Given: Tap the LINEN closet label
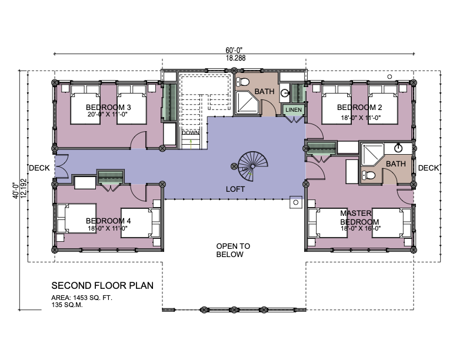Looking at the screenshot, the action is click(x=294, y=110).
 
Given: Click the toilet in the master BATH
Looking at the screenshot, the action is click(x=368, y=175).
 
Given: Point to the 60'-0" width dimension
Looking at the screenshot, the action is click(x=236, y=50).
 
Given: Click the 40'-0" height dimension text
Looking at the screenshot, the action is click(x=16, y=191).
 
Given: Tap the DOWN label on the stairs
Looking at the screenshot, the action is click(x=191, y=132).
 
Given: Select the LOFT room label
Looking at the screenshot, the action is click(x=235, y=189).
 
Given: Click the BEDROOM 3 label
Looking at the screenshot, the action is click(x=108, y=107).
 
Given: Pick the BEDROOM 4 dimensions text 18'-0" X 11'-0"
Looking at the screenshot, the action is click(x=108, y=228).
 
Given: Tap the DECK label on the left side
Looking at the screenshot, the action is click(x=39, y=168).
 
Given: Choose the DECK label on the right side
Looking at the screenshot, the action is click(x=428, y=168).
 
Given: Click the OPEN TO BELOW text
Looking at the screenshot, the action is click(x=233, y=250).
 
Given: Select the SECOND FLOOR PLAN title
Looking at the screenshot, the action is click(x=102, y=285).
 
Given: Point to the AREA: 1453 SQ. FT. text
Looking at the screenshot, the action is click(x=82, y=298).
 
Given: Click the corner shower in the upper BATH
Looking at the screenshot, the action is click(x=247, y=102).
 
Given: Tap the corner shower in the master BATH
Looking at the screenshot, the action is click(x=372, y=155).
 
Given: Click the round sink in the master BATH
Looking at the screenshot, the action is click(x=398, y=148).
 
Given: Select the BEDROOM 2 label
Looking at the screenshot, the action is click(x=360, y=107).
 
